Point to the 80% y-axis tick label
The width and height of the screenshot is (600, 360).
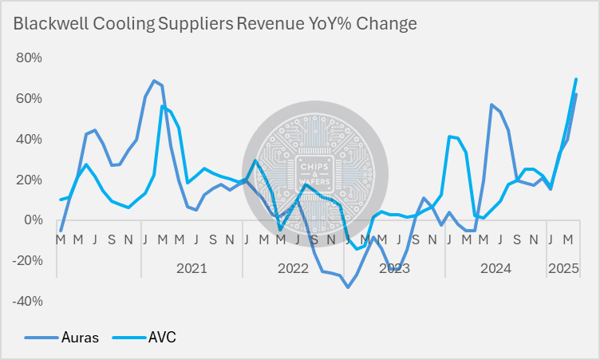pos(29,58)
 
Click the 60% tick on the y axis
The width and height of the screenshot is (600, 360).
pos(29,99)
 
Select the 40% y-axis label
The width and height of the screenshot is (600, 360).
pos(29,139)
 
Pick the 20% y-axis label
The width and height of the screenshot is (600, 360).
pos(29,180)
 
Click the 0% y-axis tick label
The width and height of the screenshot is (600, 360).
pos(32,220)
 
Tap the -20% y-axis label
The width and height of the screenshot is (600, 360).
pos(26,261)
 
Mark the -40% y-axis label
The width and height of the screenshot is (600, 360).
pos(26,302)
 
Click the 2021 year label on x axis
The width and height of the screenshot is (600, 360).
pos(191,268)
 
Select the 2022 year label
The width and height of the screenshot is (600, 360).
pos(293,268)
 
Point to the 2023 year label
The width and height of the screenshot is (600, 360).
pos(394,268)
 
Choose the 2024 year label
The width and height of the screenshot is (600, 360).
pos(495,268)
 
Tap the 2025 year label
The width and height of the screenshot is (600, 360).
pos(562,268)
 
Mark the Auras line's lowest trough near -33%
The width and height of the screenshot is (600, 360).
pos(348,287)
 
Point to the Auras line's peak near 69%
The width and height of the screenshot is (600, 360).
pos(153,81)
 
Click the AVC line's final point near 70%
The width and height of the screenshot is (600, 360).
pos(576,79)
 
